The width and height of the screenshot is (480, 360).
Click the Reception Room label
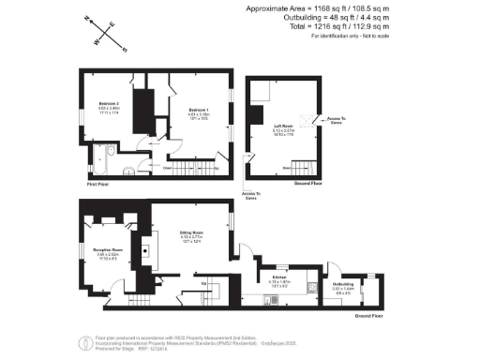click(107, 251)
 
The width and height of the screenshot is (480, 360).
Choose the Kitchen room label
click(279, 277)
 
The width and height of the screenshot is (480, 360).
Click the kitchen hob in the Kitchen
click(269, 299)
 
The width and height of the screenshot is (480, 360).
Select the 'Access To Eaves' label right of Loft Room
click(337, 121)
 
